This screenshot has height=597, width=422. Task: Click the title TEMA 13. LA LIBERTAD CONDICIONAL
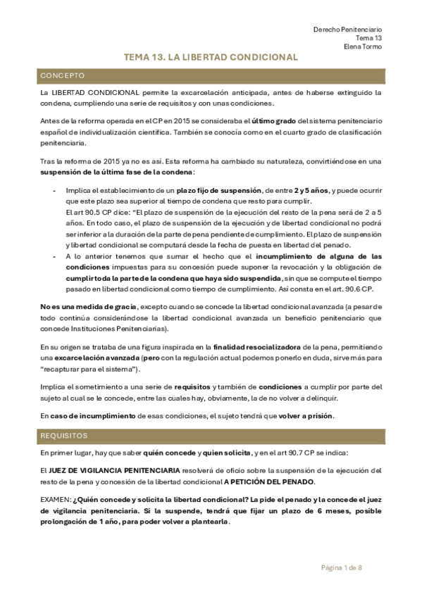click(211, 58)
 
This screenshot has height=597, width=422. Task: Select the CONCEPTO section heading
click(63, 75)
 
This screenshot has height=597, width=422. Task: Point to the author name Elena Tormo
click(364, 47)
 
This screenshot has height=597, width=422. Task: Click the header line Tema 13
click(369, 38)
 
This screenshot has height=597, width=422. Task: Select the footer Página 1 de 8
click(342, 567)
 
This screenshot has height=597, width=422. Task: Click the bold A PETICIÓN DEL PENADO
click(270, 481)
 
